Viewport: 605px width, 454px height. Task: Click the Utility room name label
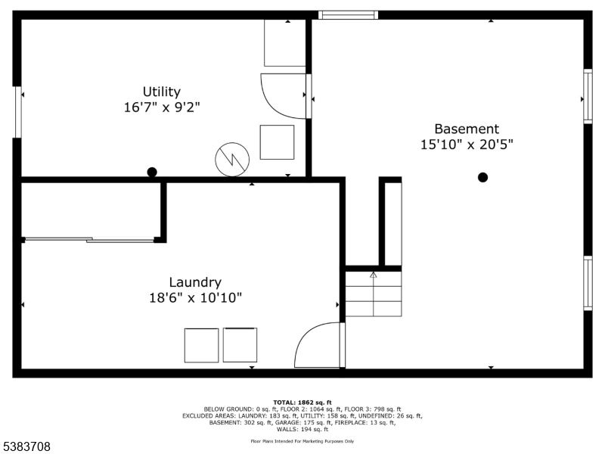click(x=162, y=92)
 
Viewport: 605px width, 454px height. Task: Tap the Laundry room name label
click(x=195, y=282)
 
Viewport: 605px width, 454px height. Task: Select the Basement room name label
click(x=467, y=129)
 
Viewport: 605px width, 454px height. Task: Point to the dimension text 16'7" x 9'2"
click(x=162, y=107)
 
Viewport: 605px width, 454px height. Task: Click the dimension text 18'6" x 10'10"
click(x=196, y=297)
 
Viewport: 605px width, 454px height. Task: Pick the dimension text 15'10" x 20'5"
click(x=467, y=145)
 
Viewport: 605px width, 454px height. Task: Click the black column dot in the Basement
click(x=482, y=177)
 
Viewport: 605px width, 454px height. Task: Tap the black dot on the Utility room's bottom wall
click(x=152, y=173)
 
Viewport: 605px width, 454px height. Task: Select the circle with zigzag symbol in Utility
click(x=232, y=160)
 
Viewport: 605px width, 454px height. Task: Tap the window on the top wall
click(x=348, y=15)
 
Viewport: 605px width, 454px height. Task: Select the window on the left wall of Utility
click(x=17, y=112)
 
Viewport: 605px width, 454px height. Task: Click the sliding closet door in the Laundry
click(x=89, y=240)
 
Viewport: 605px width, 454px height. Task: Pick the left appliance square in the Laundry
click(x=201, y=346)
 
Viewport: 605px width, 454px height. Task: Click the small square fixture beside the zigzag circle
click(x=277, y=142)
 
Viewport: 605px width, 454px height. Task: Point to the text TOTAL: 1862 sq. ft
click(x=302, y=403)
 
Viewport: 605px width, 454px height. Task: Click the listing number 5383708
click(x=26, y=446)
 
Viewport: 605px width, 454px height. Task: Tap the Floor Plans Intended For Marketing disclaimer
click(x=302, y=441)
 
